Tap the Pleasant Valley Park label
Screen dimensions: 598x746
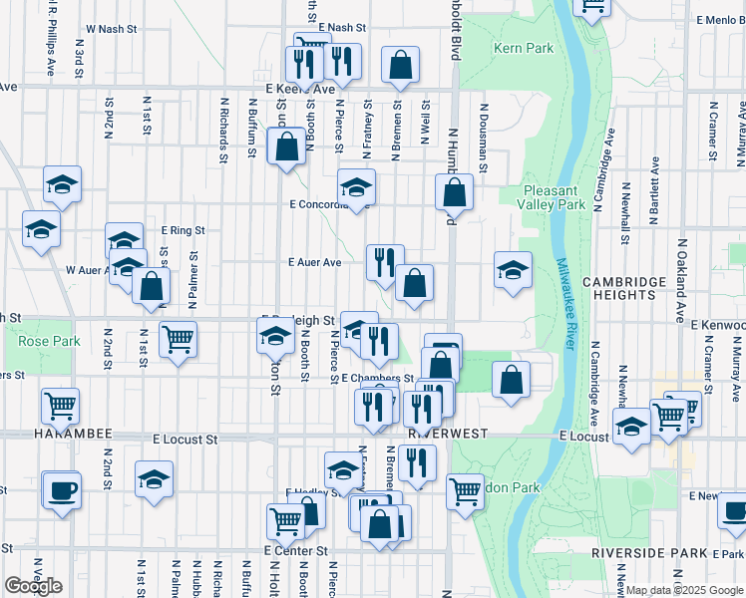coord(556,197)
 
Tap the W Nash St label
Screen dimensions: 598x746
coord(112,29)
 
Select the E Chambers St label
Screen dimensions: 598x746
coord(377,379)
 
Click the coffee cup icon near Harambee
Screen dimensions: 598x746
coord(62,490)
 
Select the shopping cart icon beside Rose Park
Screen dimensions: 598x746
coord(178,338)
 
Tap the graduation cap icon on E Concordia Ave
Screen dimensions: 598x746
coord(355,186)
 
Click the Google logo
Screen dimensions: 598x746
coord(33,586)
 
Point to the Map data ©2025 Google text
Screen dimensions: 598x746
coord(684,590)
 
